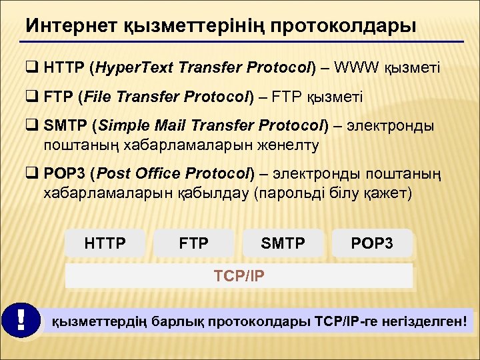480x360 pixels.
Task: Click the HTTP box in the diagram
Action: tap(105, 243)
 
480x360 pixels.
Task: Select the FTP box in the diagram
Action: tap(194, 243)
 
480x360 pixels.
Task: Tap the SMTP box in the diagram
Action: tap(283, 243)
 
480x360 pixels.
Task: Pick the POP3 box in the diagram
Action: tap(372, 243)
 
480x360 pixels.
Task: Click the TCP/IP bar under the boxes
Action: tap(239, 275)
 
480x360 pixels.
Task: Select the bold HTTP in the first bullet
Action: tap(65, 68)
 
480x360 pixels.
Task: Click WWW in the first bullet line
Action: tap(358, 68)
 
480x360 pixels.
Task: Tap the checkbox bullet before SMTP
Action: tap(33, 125)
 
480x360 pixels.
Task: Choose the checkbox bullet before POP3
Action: tap(33, 173)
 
